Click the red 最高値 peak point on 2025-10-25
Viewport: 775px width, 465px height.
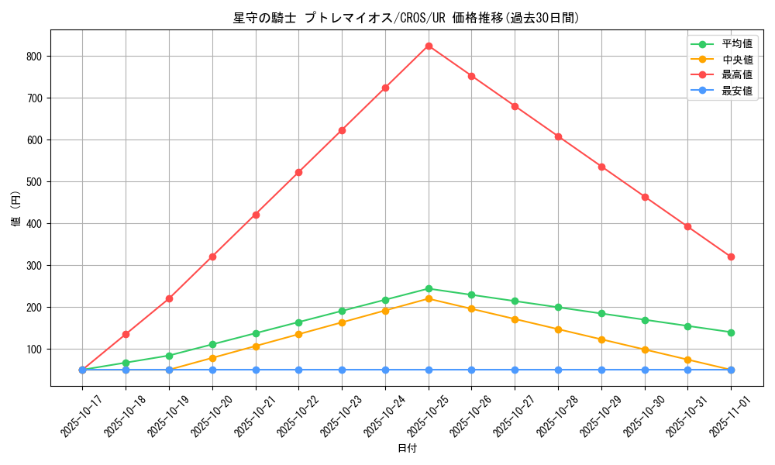click(x=429, y=46)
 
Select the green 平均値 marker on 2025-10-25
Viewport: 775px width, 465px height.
click(x=429, y=288)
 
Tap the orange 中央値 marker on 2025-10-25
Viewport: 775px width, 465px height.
click(x=429, y=298)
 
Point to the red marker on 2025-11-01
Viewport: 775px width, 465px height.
click(x=731, y=257)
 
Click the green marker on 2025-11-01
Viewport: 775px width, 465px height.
click(x=731, y=332)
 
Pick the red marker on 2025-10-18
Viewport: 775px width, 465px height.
click(x=126, y=334)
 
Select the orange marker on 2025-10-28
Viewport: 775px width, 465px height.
click(x=558, y=329)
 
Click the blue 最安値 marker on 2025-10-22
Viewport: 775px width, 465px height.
click(x=298, y=370)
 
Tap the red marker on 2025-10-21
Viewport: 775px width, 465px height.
click(x=256, y=215)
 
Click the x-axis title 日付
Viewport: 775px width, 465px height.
click(x=407, y=449)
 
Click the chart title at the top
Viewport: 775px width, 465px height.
click(x=406, y=18)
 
